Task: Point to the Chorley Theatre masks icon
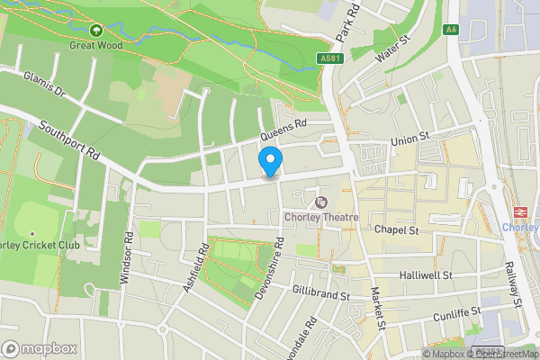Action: pyautogui.click(x=321, y=202)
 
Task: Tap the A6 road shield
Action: pyautogui.click(x=451, y=30)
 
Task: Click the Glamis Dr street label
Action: pyautogui.click(x=46, y=85)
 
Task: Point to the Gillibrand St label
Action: pyautogui.click(x=319, y=293)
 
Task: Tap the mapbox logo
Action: pyautogui.click(x=40, y=348)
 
